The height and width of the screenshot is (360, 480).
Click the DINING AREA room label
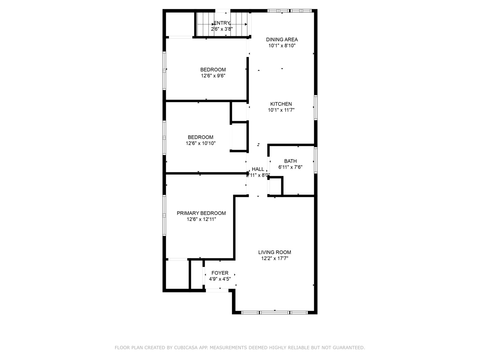point(282,40)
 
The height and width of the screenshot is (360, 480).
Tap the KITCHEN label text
point(281,104)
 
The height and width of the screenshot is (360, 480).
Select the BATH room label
point(290,161)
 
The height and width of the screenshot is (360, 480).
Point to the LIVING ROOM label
point(275,252)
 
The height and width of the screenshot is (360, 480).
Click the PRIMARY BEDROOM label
point(201,213)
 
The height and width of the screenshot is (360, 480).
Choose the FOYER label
point(220,273)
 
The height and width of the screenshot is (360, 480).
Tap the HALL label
point(258,169)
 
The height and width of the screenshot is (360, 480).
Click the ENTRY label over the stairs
point(222,23)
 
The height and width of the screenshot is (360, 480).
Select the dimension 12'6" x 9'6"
point(213,76)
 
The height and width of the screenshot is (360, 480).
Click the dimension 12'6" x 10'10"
point(201,143)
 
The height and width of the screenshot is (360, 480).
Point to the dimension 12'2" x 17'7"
point(275,258)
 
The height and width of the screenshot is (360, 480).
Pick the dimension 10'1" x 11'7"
point(281,110)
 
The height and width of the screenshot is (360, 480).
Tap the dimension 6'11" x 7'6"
point(290,167)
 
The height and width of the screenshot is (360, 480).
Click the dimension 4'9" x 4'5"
point(220,279)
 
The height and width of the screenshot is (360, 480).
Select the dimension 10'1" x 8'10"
point(282,46)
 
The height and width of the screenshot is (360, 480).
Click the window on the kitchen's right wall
point(316,107)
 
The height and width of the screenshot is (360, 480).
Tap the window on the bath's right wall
point(316,160)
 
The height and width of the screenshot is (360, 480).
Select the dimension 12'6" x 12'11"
point(201,219)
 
